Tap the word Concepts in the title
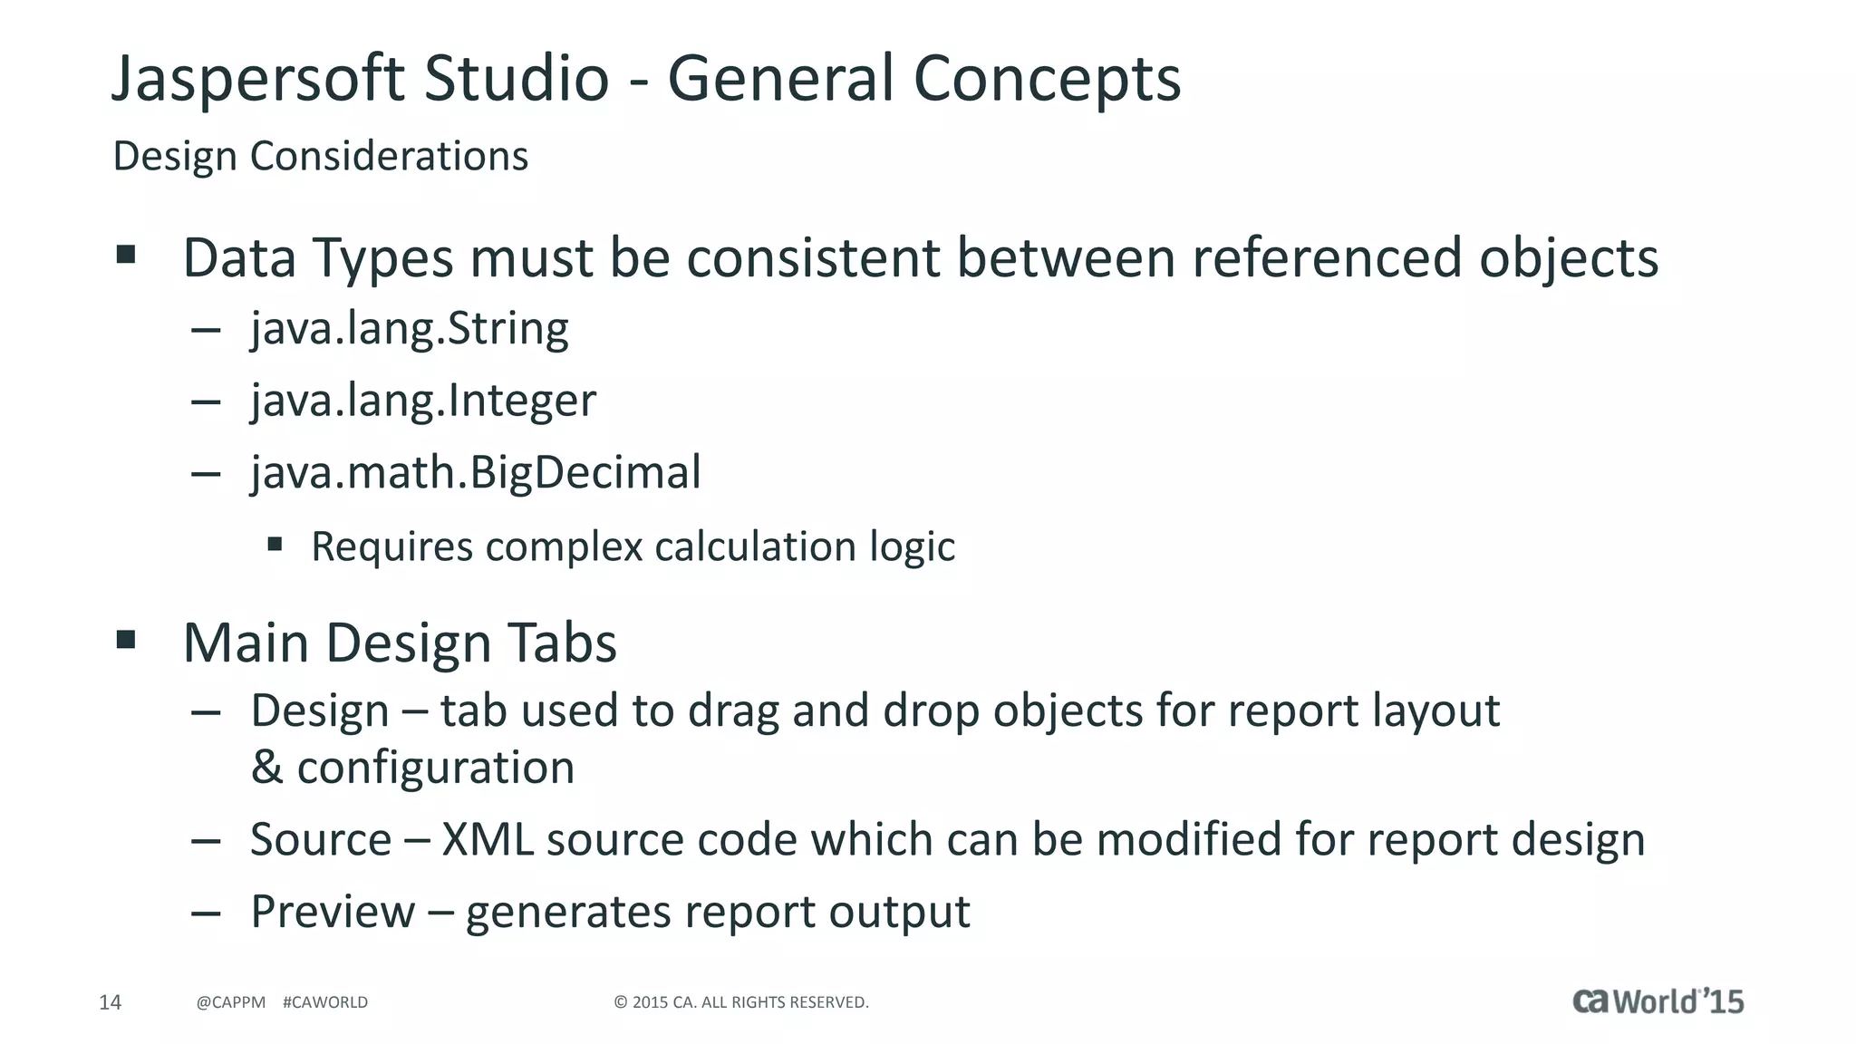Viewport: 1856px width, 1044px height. tap(1047, 80)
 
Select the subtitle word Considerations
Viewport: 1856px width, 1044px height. tap(389, 156)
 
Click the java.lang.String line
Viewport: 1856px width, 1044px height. tap(410, 328)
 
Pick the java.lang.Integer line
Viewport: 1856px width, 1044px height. tap(423, 401)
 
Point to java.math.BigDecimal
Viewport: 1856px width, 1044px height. tap(476, 472)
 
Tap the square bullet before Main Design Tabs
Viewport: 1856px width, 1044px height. tap(126, 641)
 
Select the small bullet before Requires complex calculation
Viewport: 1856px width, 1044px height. tap(275, 545)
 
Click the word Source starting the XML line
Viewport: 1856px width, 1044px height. tap(321, 839)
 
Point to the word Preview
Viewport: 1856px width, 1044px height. tap(333, 912)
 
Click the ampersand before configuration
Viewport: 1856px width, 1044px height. tap(266, 768)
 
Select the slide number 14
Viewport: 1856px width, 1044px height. tap(110, 1002)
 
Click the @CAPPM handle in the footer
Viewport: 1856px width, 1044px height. tap(231, 1002)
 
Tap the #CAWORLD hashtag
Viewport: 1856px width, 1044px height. tap(325, 1002)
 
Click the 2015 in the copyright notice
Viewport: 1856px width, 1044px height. tap(650, 1002)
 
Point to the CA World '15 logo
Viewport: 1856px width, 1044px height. tap(1658, 1001)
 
